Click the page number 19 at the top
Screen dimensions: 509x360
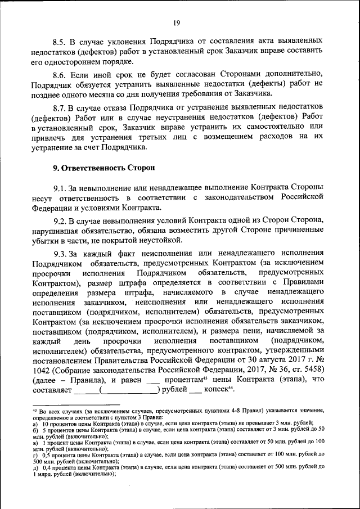coord(177,23)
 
